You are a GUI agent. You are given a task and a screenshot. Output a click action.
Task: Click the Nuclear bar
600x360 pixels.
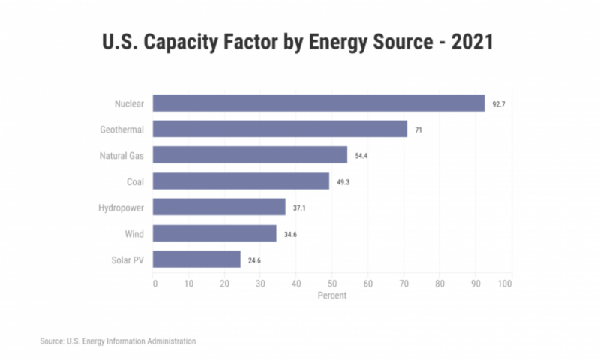pos(319,103)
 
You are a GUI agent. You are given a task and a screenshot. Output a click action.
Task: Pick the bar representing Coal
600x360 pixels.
pos(241,181)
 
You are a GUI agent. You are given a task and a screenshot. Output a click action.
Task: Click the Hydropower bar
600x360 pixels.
pos(219,207)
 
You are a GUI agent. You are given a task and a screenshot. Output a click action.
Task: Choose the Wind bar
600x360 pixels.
pos(214,233)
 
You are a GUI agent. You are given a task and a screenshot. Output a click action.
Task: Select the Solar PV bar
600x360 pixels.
pos(196,259)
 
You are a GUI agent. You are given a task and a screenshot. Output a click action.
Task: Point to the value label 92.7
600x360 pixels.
pos(499,104)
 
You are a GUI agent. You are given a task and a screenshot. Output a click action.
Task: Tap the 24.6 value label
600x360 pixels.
pos(255,260)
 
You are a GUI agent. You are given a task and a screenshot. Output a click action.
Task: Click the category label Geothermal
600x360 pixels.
pos(121,130)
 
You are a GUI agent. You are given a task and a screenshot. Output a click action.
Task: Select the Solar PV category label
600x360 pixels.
pos(127,260)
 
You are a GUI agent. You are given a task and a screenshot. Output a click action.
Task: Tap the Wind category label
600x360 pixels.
pos(134,234)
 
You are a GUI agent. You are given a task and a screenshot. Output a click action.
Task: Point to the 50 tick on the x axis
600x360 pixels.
pos(332,283)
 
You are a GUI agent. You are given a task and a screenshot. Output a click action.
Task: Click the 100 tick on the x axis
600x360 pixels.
pos(505,283)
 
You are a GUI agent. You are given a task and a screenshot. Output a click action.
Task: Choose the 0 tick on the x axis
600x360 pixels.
pos(154,283)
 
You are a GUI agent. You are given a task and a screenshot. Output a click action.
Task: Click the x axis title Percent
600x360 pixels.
pos(332,295)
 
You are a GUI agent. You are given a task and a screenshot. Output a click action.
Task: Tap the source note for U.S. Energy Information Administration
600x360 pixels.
pos(118,341)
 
